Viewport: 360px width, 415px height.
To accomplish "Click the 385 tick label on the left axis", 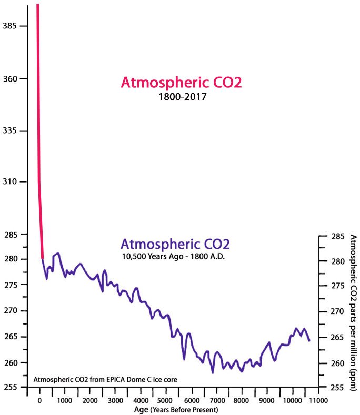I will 11,26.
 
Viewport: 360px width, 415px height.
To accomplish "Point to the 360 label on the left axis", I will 11,79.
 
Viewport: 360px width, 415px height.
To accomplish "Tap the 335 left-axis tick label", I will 11,130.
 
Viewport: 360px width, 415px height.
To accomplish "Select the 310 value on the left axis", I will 11,182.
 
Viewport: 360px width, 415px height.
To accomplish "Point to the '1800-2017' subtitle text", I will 182,97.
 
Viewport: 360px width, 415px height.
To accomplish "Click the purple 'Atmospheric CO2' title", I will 175,245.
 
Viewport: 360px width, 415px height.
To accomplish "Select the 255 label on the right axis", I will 337,388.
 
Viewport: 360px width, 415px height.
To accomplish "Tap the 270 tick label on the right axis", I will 337,312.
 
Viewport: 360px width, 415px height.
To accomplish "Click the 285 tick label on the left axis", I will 11,234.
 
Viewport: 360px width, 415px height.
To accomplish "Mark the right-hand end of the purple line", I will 309,341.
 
